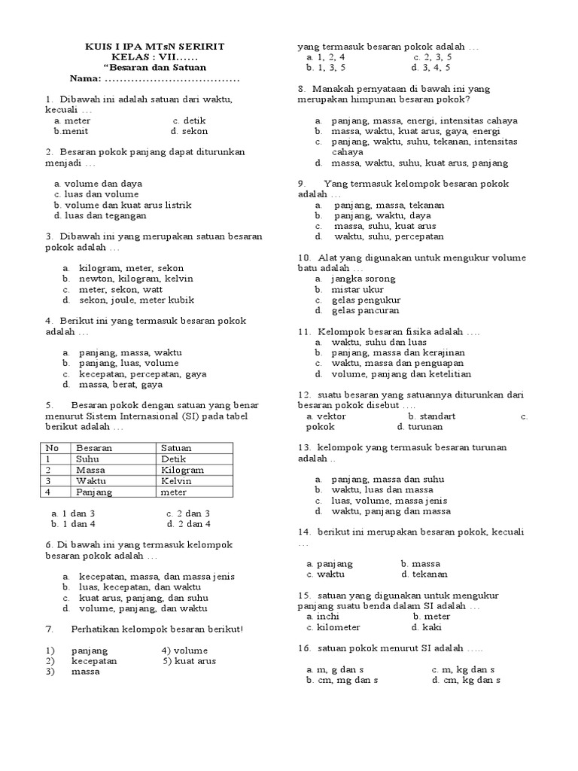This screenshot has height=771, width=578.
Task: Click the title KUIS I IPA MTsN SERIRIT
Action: [x=154, y=47]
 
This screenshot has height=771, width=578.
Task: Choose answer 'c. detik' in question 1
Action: [x=189, y=120]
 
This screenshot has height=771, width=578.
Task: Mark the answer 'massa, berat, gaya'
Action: [x=120, y=384]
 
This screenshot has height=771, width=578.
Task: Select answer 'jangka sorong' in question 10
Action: [x=362, y=279]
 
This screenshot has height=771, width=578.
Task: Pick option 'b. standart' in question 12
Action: [x=431, y=416]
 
